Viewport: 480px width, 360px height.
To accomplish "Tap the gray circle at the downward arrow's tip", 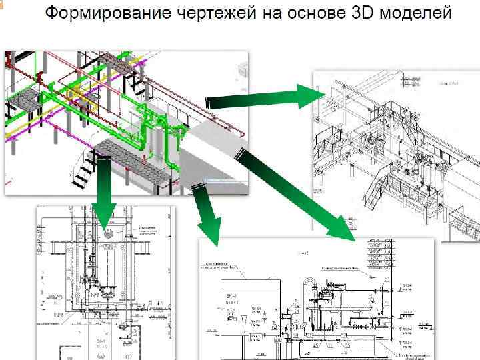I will (x=108, y=234).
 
